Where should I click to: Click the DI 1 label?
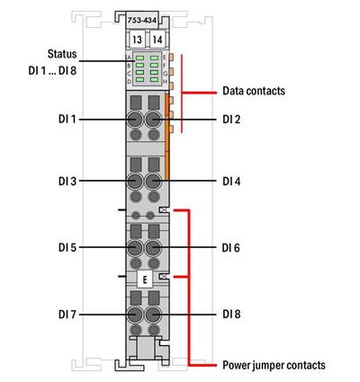(x=68, y=119)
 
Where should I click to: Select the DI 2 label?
(x=232, y=119)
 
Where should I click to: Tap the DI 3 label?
(x=68, y=181)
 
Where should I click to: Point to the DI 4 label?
(x=232, y=181)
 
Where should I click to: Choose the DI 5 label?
(x=68, y=246)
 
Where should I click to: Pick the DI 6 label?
(x=232, y=246)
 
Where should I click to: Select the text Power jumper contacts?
(x=274, y=365)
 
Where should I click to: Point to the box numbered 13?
(x=136, y=40)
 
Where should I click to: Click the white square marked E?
(x=145, y=280)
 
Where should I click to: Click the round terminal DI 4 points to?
(x=153, y=181)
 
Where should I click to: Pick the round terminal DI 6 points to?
(x=153, y=246)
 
